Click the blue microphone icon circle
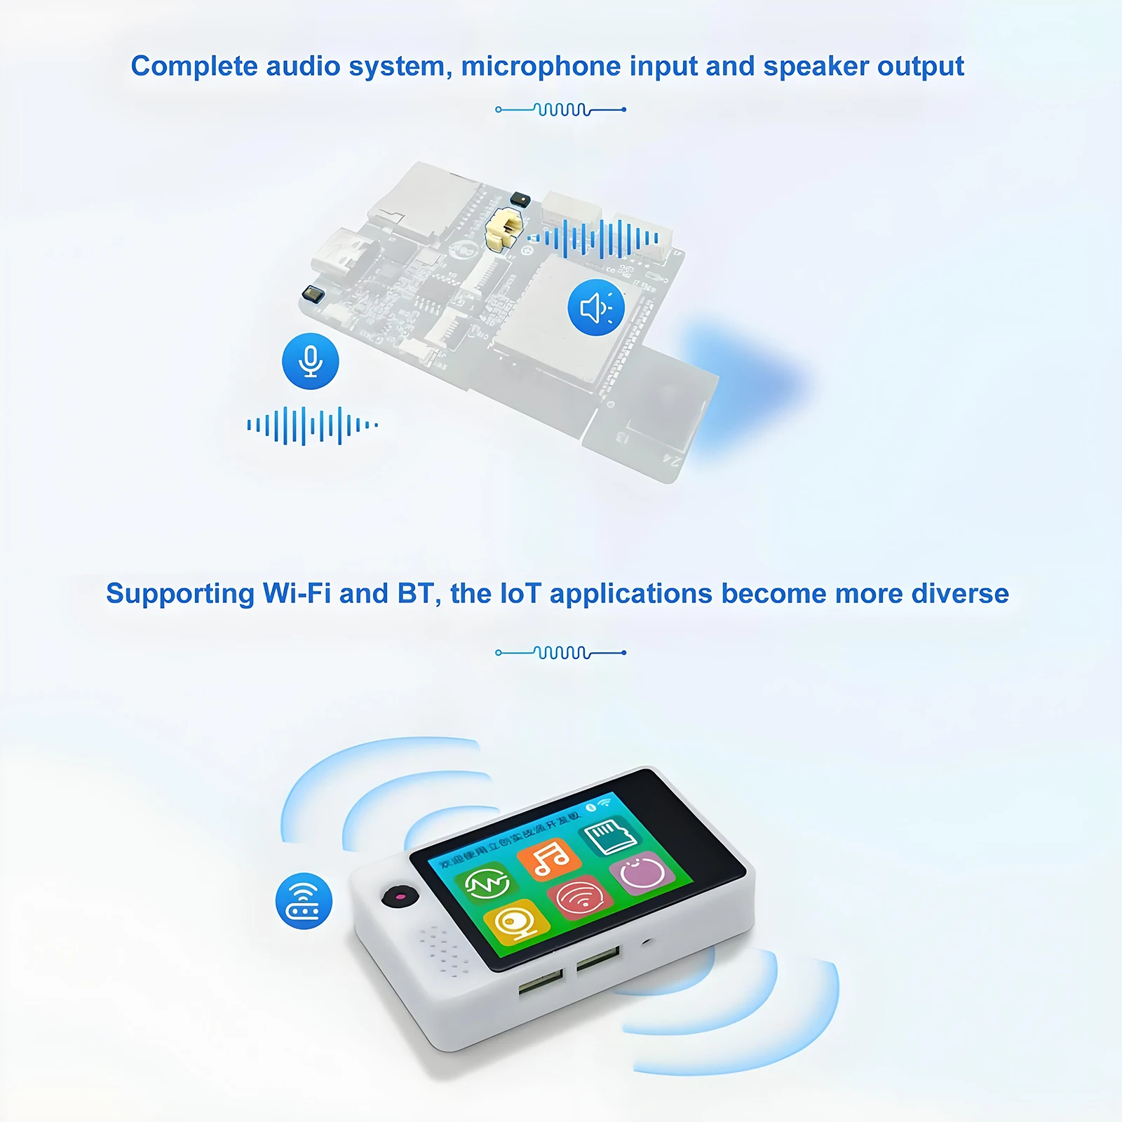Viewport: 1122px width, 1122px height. (x=310, y=361)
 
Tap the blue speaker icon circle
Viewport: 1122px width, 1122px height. (x=596, y=307)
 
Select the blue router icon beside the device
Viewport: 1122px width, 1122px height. (x=304, y=901)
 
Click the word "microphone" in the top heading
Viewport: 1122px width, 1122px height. (x=541, y=66)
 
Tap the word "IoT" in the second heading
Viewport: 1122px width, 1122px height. (x=520, y=593)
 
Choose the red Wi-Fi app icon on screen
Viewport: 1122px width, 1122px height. (x=579, y=897)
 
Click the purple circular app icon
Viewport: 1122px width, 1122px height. (x=642, y=872)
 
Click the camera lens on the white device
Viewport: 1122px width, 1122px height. (x=400, y=896)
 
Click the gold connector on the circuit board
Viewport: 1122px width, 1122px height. (x=505, y=229)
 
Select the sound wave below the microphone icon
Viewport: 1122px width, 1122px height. (x=312, y=425)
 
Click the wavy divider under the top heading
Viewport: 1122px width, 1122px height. (x=560, y=109)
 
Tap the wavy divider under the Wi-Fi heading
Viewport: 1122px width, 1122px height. (x=560, y=653)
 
